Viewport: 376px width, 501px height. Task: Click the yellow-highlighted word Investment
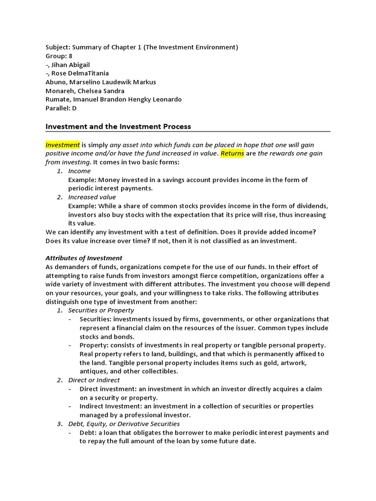pos(63,145)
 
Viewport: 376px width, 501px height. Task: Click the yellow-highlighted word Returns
pos(232,154)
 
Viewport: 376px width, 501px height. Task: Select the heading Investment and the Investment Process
pos(118,127)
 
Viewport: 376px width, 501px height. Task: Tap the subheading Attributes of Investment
pos(84,258)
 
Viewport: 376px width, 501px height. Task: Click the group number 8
pos(70,56)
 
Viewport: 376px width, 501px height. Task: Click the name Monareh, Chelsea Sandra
pos(85,91)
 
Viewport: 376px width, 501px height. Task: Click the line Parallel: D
pos(61,108)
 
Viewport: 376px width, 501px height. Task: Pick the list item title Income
pos(79,171)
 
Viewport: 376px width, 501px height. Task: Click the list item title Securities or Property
pos(101,310)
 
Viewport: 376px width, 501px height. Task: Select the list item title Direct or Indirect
pos(94,380)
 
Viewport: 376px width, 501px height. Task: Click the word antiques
pos(94,371)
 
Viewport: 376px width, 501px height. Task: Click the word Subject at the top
pos(57,47)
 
